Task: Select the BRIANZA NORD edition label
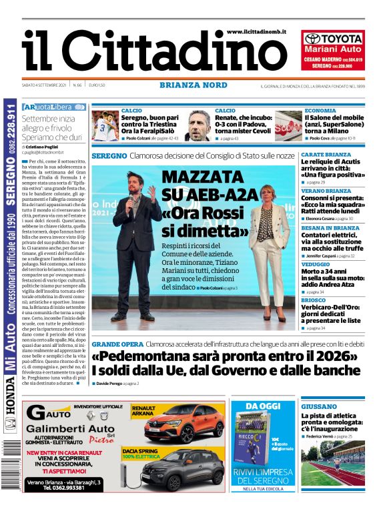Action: point(193,85)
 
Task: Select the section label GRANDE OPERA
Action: point(117,344)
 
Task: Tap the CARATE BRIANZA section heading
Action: point(326,155)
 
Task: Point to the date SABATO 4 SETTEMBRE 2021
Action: point(45,85)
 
